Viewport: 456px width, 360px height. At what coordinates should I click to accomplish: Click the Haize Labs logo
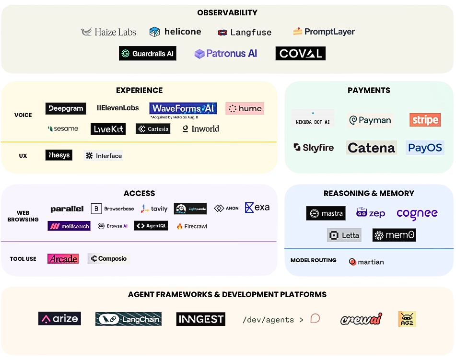[108, 32]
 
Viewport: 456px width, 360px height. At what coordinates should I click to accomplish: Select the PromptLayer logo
[324, 32]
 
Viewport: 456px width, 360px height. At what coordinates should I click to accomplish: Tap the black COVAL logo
[300, 53]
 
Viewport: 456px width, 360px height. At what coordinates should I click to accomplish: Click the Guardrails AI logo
[147, 53]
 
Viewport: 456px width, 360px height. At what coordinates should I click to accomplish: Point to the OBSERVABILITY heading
[227, 13]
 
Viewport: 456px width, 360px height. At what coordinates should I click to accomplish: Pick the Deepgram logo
[66, 108]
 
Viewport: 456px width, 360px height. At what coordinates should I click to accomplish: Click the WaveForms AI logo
[183, 108]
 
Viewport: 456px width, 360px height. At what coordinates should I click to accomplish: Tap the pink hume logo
[245, 108]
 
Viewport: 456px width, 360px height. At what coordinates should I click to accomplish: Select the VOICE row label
[23, 115]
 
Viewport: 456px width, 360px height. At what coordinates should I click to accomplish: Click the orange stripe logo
[425, 119]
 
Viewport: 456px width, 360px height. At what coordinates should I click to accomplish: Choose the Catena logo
[372, 148]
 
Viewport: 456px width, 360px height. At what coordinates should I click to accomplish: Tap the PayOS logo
[425, 148]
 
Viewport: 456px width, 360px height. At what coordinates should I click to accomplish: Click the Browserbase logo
[113, 209]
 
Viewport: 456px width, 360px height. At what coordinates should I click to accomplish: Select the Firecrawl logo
[192, 226]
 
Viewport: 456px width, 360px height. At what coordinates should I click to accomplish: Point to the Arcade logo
[63, 258]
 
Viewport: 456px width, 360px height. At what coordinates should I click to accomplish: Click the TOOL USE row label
[23, 259]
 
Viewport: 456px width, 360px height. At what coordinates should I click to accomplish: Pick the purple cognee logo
[417, 213]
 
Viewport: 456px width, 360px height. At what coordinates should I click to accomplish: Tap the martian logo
[366, 262]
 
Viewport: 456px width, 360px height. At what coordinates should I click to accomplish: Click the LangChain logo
[128, 319]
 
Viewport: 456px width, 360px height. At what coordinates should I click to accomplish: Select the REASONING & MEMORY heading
[369, 193]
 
